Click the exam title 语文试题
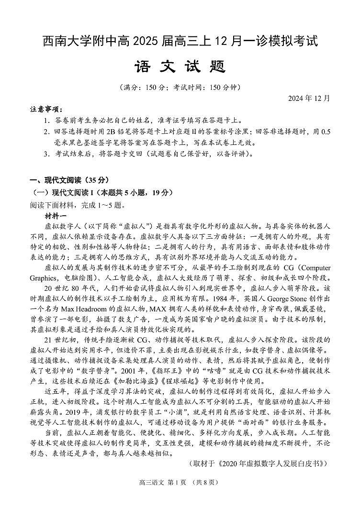[x=180, y=66]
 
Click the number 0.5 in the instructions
[x=325, y=132]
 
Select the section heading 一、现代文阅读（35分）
[x=69, y=180]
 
